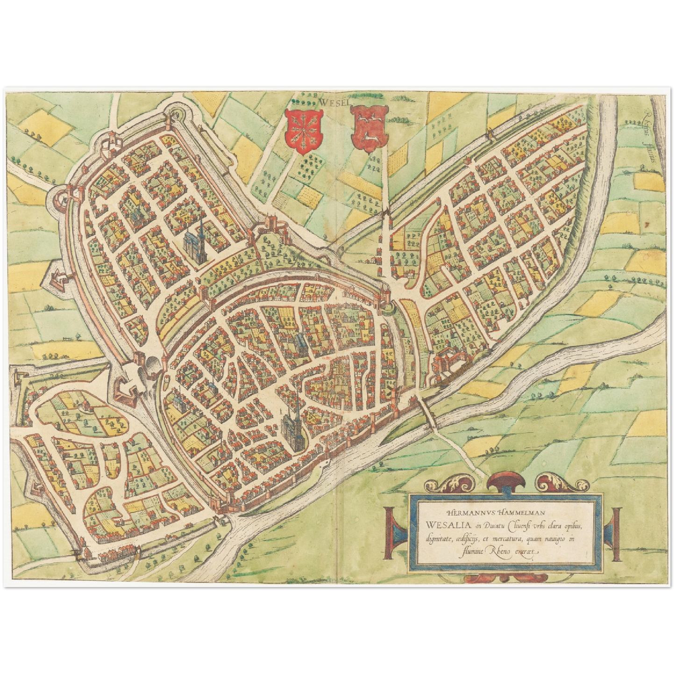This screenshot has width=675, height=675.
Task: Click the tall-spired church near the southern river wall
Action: [x=293, y=425]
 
